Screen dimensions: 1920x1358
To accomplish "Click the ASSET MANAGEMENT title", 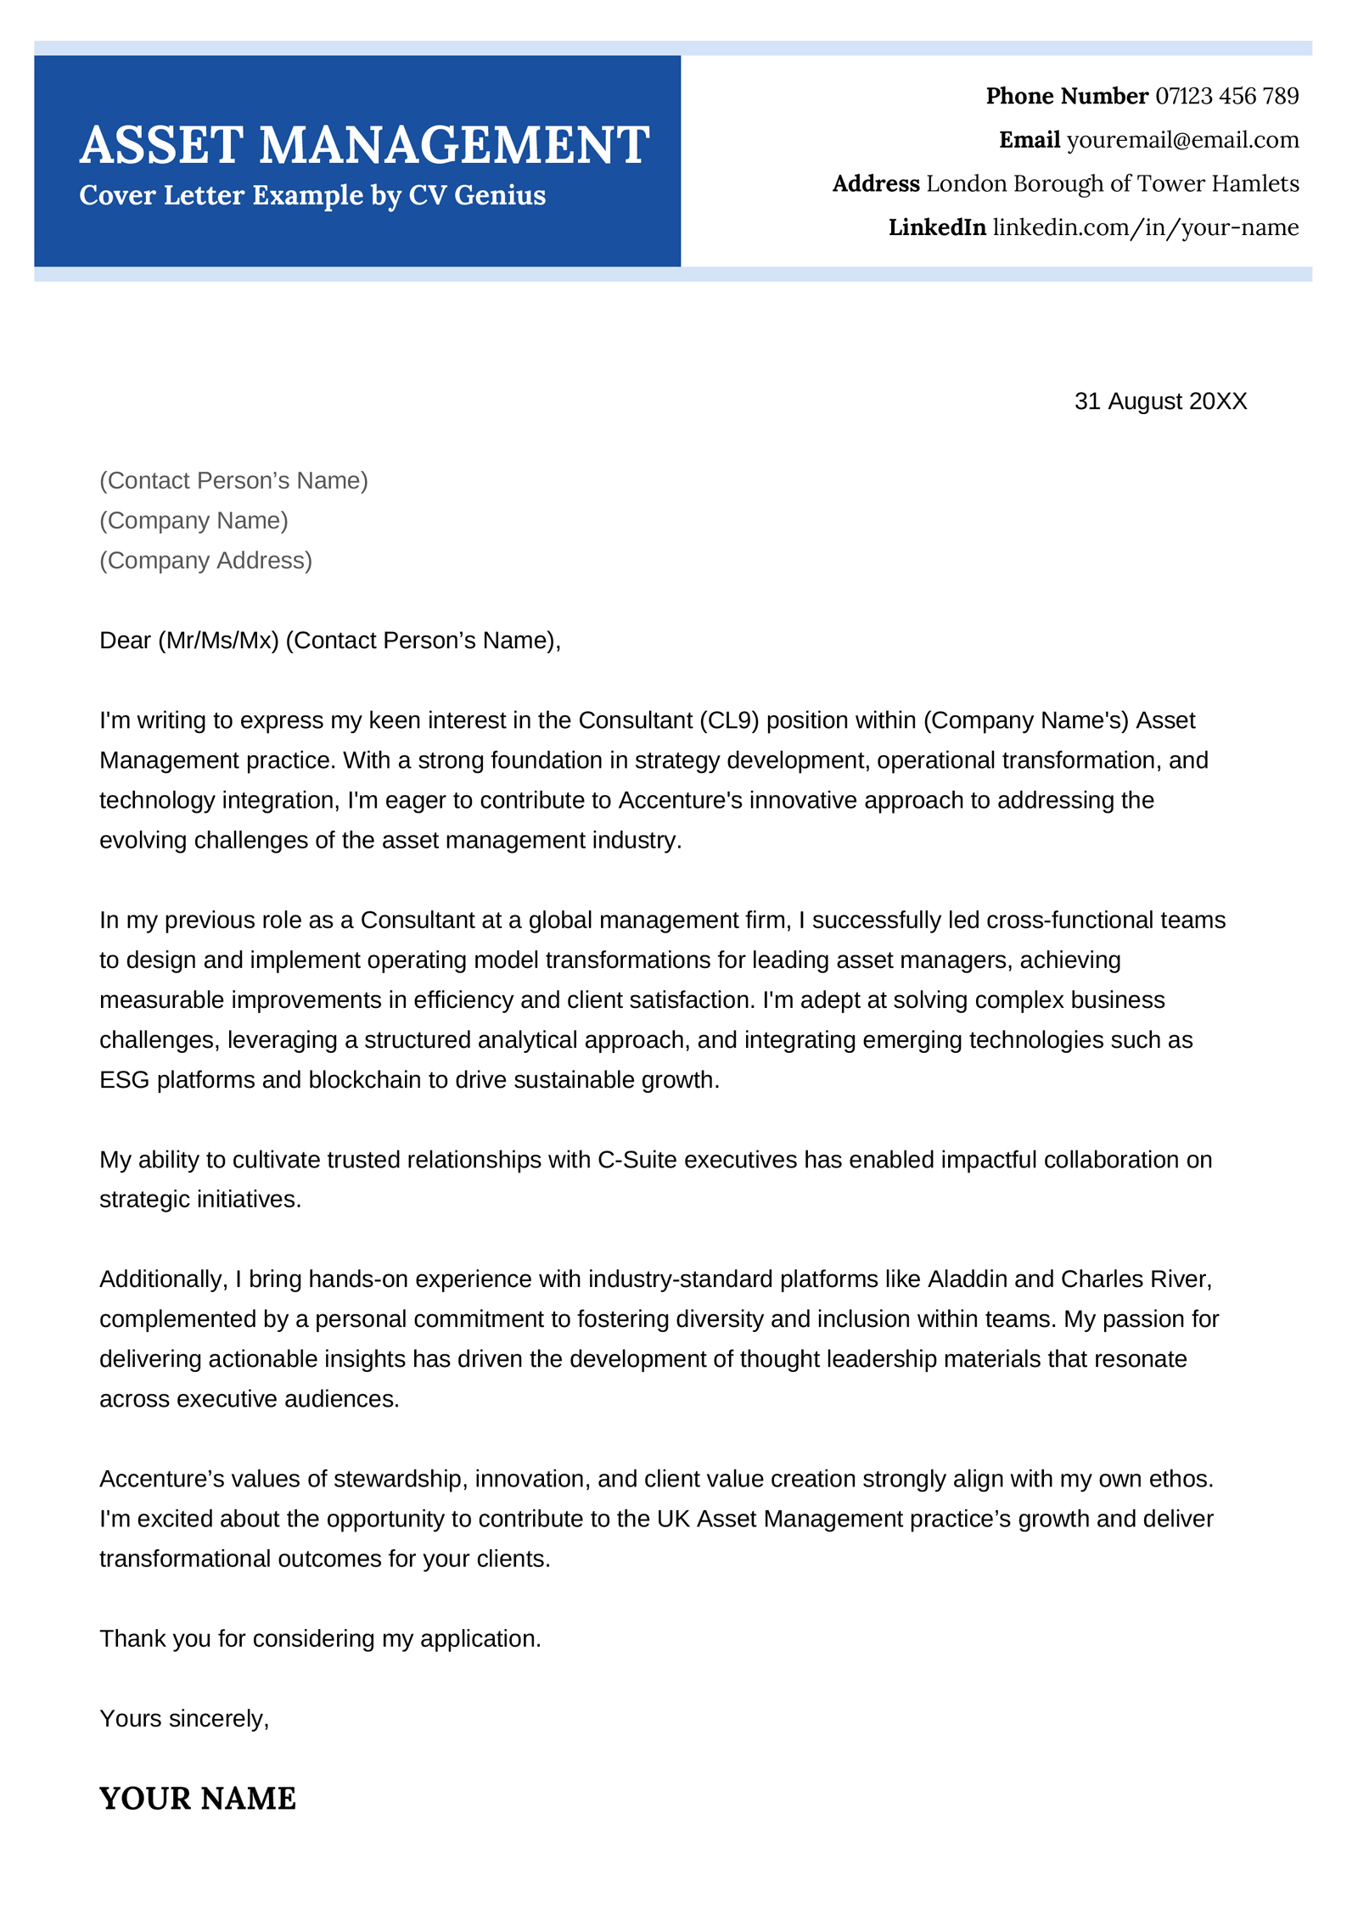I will [364, 145].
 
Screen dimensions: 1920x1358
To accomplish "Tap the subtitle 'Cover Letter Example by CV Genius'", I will [311, 195].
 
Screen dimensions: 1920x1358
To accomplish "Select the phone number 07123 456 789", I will [1226, 96].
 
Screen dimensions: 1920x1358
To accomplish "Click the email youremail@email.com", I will [1182, 140].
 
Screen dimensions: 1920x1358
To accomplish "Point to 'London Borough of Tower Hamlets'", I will [1112, 184].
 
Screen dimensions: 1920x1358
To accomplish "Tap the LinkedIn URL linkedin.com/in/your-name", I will [1145, 227].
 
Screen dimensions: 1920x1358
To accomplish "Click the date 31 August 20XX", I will [1160, 401].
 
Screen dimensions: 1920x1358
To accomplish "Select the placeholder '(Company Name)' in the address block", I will [194, 520].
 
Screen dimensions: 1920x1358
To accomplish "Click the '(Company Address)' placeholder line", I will [205, 560].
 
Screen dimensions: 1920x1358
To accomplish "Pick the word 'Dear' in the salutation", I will [125, 641].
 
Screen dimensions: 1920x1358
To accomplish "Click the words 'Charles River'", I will [1136, 1279].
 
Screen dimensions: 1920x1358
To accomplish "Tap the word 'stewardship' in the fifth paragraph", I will [398, 1480].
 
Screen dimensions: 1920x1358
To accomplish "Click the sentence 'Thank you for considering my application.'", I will [320, 1639].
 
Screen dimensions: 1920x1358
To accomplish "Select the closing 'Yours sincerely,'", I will [184, 1719].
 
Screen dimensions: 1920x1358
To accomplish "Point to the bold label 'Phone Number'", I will [1066, 96].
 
